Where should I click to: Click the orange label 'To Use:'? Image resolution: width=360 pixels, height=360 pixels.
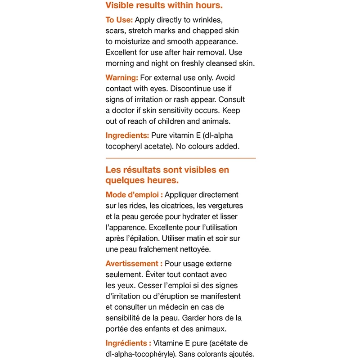coord(119,20)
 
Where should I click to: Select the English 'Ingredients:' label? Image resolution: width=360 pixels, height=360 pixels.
coord(127,135)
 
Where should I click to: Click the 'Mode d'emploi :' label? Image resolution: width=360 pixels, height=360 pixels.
coord(134,195)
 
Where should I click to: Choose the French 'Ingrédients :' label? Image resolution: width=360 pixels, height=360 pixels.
coord(128,343)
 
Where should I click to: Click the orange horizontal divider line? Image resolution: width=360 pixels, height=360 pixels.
coord(180,158)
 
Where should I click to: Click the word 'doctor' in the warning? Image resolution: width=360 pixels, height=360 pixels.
coord(126,110)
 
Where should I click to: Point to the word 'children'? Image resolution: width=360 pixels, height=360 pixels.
coord(180,121)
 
